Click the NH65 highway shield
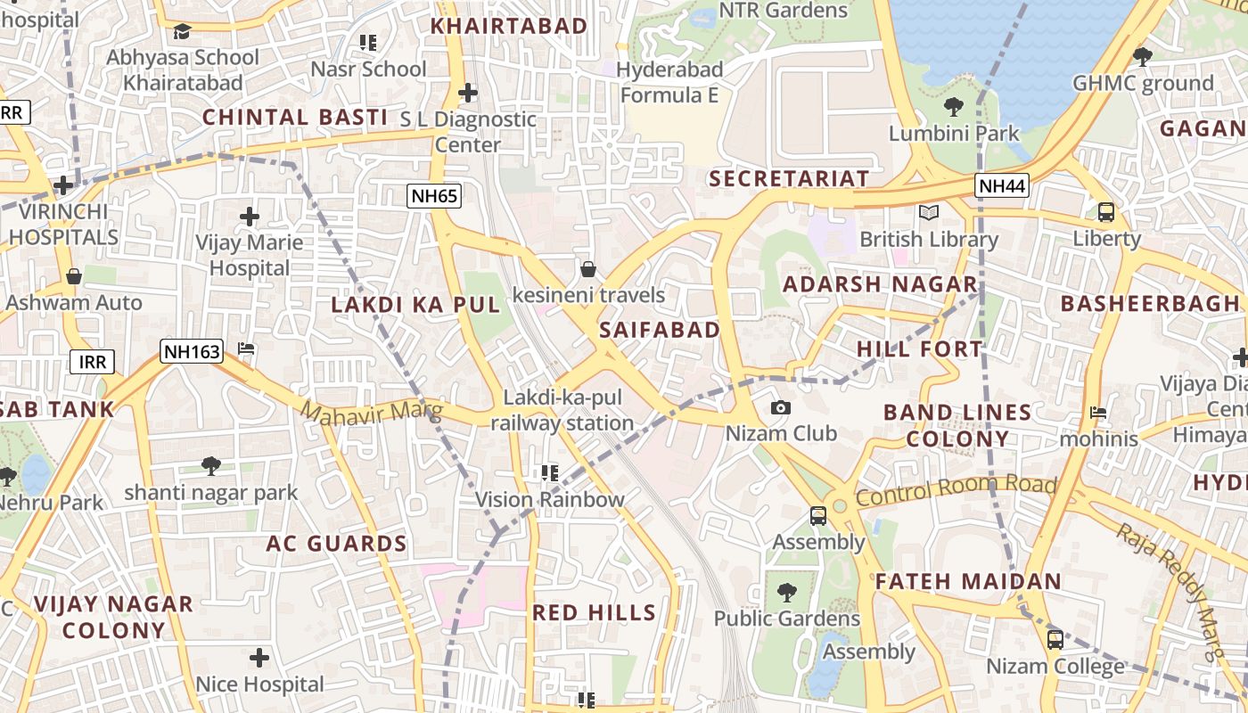[434, 196]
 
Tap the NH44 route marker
[1002, 185]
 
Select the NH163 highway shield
[192, 351]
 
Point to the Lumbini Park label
[954, 134]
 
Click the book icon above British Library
[929, 213]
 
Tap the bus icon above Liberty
[1106, 212]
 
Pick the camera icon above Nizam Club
[781, 407]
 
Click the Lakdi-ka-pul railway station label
[562, 410]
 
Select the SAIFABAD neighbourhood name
[660, 330]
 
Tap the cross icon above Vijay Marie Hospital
[250, 216]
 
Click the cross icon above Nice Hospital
[259, 658]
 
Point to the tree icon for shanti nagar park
[210, 465]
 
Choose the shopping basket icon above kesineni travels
[588, 268]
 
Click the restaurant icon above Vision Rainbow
[549, 472]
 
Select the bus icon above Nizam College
[1055, 639]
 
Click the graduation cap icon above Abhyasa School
[183, 31]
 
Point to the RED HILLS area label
[594, 612]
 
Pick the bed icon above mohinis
[1098, 413]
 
